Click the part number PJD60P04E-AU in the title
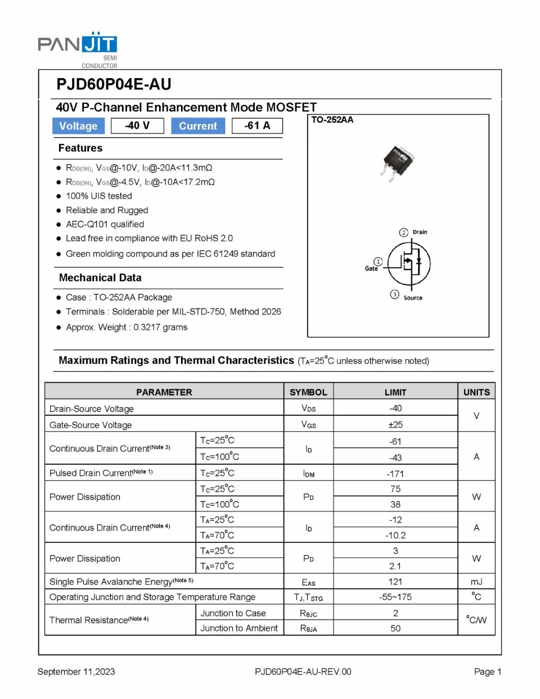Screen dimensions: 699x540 click(x=113, y=84)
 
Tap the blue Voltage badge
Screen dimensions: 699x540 click(x=78, y=126)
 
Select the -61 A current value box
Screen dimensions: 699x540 click(x=257, y=126)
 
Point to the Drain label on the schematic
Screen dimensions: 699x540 click(x=419, y=232)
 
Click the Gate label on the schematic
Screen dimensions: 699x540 click(x=371, y=269)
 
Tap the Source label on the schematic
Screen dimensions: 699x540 click(x=412, y=298)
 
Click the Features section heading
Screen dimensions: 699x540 click(x=80, y=148)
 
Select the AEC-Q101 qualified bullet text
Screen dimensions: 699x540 click(x=105, y=224)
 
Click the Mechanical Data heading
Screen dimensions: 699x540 click(x=100, y=278)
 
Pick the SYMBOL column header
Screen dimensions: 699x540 click(x=308, y=392)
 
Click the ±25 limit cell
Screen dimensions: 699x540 click(x=395, y=425)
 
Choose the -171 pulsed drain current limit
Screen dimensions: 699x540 click(x=395, y=473)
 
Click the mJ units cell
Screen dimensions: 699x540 click(x=476, y=581)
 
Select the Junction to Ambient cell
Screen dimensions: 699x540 click(x=239, y=628)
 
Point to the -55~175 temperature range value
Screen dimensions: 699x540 click(x=395, y=597)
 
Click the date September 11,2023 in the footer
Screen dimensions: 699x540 click(x=76, y=671)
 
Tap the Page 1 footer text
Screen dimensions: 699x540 click(x=487, y=671)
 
